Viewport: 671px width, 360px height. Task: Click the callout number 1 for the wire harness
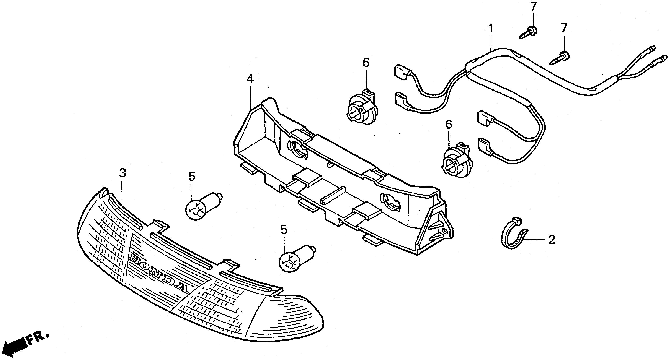coord(491,28)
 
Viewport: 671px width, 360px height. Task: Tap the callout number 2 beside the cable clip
coord(552,240)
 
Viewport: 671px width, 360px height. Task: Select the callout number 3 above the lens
coord(122,173)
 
